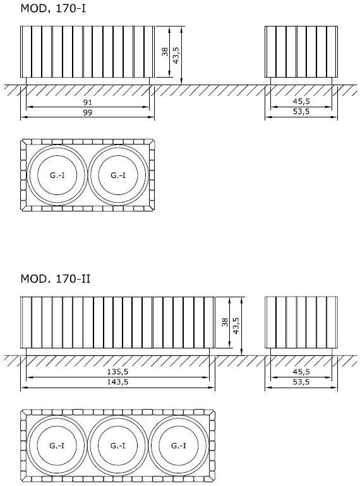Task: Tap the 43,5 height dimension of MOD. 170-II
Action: coord(236,326)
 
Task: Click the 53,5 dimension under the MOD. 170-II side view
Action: coord(301,382)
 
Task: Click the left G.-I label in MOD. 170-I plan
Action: coord(57,175)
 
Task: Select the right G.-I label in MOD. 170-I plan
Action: coord(118,175)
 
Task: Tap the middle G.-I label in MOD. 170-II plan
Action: coord(117,446)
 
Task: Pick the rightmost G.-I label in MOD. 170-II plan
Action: coord(179,446)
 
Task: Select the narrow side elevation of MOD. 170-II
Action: coord(301,322)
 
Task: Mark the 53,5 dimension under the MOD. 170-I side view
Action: coord(301,112)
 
